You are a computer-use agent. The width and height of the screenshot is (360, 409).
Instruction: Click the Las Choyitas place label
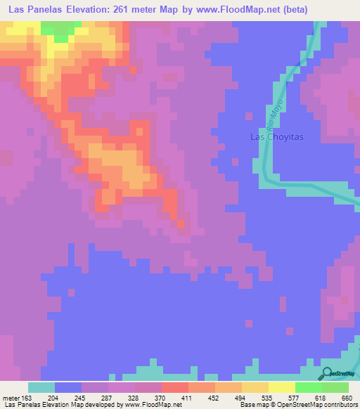click(x=277, y=137)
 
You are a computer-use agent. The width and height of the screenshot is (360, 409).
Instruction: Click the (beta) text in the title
click(x=290, y=10)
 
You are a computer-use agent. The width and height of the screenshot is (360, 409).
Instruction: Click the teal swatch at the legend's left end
click(x=41, y=387)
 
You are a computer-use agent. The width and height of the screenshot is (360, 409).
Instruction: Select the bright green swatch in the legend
click(x=308, y=387)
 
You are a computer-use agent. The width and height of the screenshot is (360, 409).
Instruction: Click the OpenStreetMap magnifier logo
click(x=326, y=373)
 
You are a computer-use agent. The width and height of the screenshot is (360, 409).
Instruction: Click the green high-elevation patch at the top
click(x=60, y=30)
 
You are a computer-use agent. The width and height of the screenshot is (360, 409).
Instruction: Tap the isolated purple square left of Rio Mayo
click(x=247, y=114)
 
